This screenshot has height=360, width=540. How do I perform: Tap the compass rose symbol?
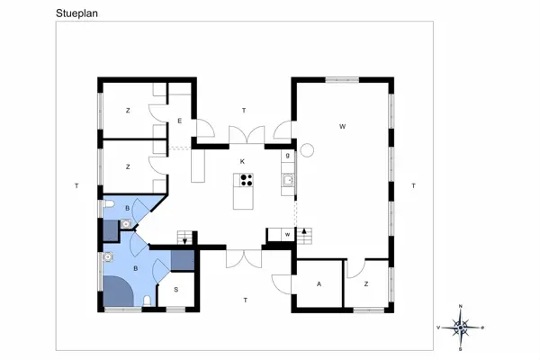[460, 327]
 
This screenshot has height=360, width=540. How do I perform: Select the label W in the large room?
[342, 126]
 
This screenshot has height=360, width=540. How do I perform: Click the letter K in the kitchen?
[242, 162]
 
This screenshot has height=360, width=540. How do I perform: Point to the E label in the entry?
[180, 121]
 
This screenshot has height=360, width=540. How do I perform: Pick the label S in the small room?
[175, 289]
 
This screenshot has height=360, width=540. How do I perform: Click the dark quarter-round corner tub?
[116, 293]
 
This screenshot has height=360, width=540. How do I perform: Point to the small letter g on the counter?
[287, 155]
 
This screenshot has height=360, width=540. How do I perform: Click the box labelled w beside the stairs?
[286, 234]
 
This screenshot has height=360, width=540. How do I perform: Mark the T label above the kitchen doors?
[243, 110]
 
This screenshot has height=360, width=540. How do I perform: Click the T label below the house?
[245, 299]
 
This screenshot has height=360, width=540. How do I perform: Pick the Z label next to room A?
[366, 283]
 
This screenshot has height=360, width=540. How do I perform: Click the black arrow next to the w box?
[305, 232]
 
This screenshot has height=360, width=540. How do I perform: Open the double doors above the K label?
[244, 135]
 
